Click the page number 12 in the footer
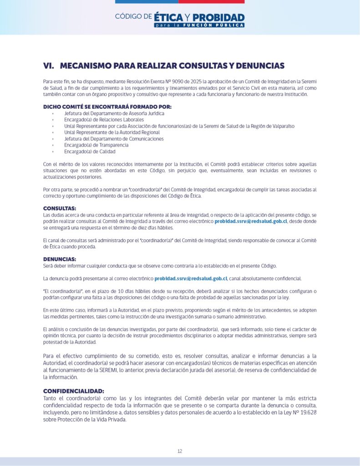pyautogui.click(x=180, y=451)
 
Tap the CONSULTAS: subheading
pyautogui.click(x=60, y=208)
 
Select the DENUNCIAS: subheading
pyautogui.click(x=60, y=259)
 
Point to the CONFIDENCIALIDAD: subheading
pyautogui.click(x=74, y=391)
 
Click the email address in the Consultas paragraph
pyautogui.click(x=251, y=221)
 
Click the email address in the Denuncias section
pyautogui.click(x=191, y=278)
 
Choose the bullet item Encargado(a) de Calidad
pyautogui.click(x=90, y=152)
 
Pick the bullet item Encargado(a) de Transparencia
pyautogui.click(x=96, y=145)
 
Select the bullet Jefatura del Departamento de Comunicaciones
pyautogui.click(x=114, y=139)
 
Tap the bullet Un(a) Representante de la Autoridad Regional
pyautogui.click(x=112, y=132)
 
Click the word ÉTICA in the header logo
pyautogui.click(x=168, y=18)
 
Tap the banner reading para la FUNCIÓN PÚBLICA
pyautogui.click(x=199, y=25)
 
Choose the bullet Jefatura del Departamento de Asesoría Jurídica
pyautogui.click(x=114, y=113)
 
